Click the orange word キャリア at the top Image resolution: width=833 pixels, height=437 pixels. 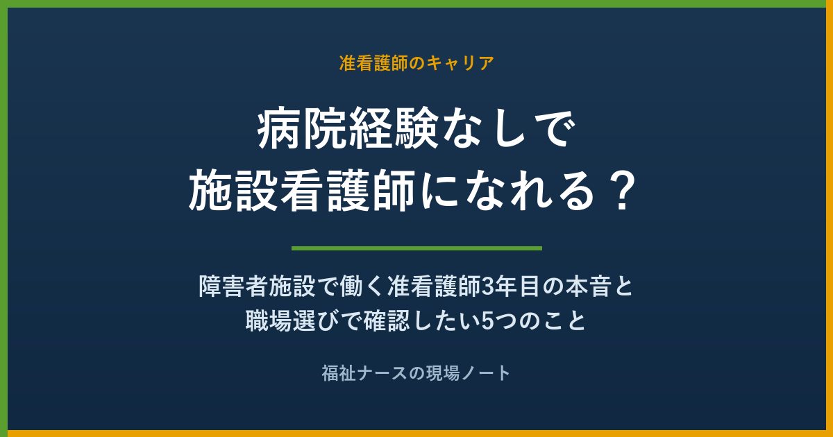(x=460, y=63)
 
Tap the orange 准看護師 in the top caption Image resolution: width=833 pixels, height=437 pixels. (x=373, y=63)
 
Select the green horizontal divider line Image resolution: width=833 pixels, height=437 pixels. (x=416, y=248)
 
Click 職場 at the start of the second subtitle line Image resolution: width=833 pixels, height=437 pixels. (x=268, y=320)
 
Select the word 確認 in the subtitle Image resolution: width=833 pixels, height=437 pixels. (x=387, y=320)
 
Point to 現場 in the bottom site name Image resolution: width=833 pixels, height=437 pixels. (x=442, y=373)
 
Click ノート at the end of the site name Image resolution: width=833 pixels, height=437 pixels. (x=486, y=373)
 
